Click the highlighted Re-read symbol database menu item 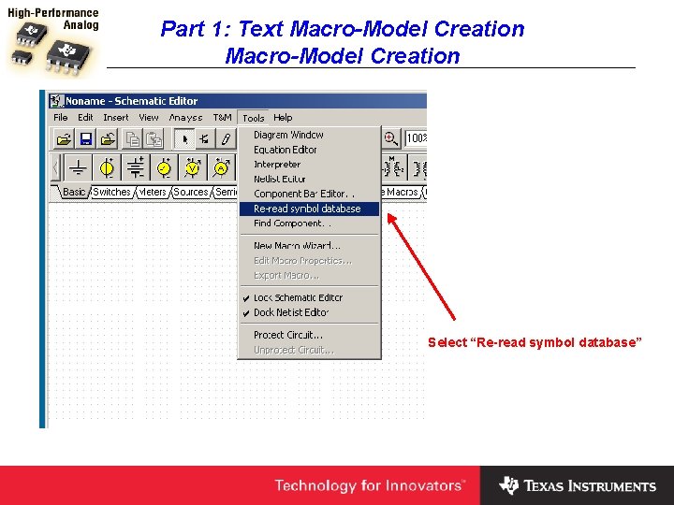(307, 209)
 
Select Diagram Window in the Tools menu (288, 135)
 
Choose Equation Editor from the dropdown (286, 150)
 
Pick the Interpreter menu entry (277, 165)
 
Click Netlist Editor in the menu (280, 179)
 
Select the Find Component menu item (291, 224)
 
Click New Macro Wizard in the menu (297, 246)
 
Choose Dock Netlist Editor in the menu (291, 312)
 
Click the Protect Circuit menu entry (288, 335)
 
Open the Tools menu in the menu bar (253, 118)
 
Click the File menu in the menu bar (61, 118)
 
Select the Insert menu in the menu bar (116, 118)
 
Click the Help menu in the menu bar (283, 118)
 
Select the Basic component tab (74, 192)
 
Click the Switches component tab (111, 192)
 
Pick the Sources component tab (191, 192)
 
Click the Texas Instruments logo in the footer (578, 486)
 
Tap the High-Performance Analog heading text (53, 20)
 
